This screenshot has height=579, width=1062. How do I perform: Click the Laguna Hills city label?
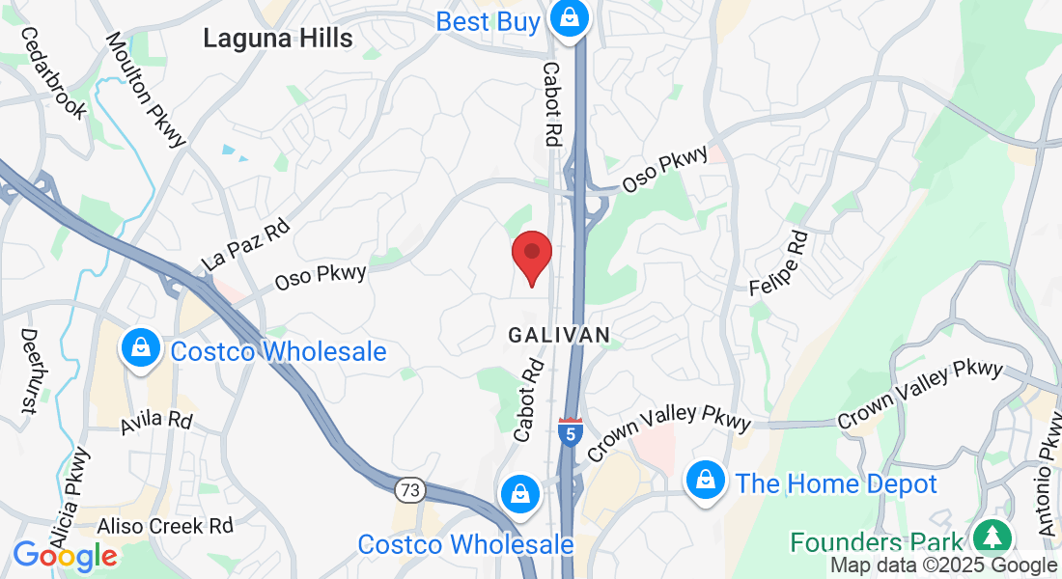tap(278, 38)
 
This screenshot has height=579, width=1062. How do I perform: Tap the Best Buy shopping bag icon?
tap(570, 18)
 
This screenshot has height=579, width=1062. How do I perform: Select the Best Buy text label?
tap(488, 21)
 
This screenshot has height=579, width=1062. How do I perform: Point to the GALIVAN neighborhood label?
tap(559, 335)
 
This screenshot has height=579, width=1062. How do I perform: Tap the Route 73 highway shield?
tap(409, 490)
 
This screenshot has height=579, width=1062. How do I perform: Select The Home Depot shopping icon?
tap(706, 480)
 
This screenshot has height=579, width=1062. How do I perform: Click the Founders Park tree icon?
tap(991, 538)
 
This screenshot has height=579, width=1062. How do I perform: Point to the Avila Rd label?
tap(156, 423)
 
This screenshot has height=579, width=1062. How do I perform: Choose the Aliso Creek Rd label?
tap(165, 526)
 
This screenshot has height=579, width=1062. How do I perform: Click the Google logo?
tap(64, 555)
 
